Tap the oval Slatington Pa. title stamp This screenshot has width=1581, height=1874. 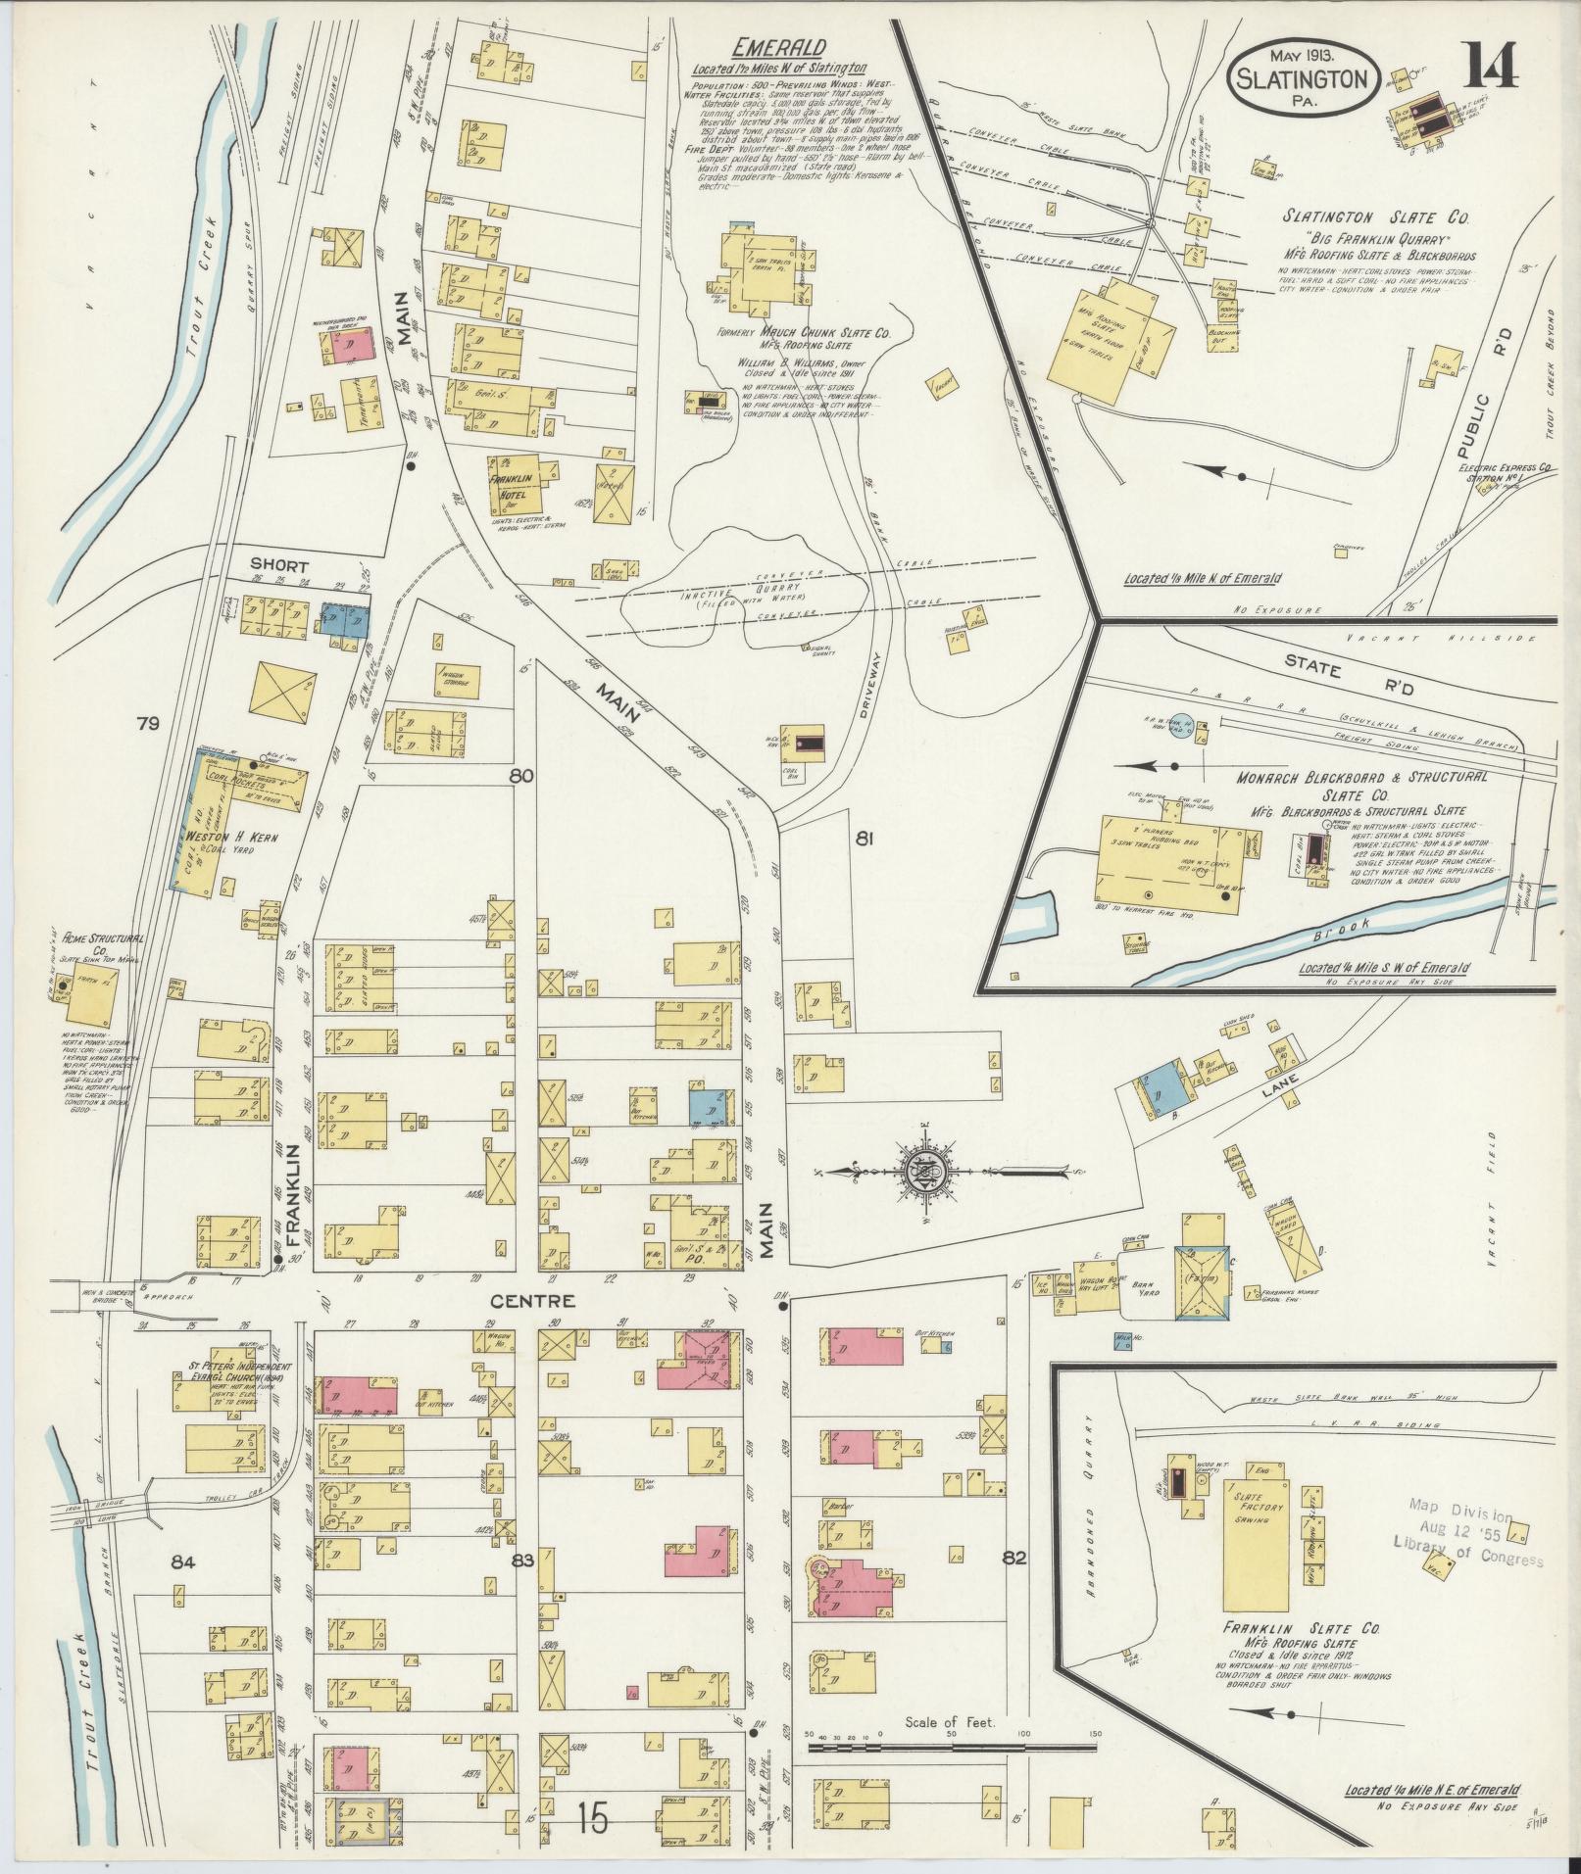pos(1304,79)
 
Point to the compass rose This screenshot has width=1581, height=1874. pos(921,1171)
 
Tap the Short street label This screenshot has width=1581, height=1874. pos(278,566)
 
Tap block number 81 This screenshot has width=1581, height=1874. pos(864,839)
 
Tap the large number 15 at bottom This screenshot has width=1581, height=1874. pos(593,1819)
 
